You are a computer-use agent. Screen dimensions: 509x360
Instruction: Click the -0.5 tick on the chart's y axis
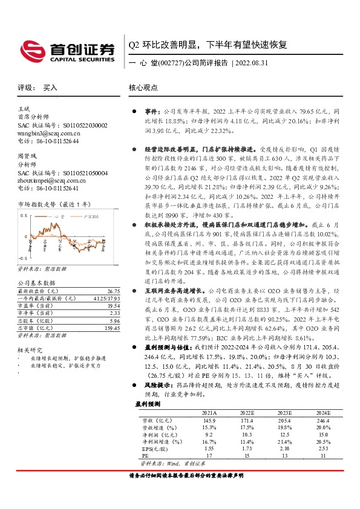pyautogui.click(x=23, y=258)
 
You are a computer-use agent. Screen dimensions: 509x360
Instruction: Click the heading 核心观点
pyautogui.click(x=143, y=88)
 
